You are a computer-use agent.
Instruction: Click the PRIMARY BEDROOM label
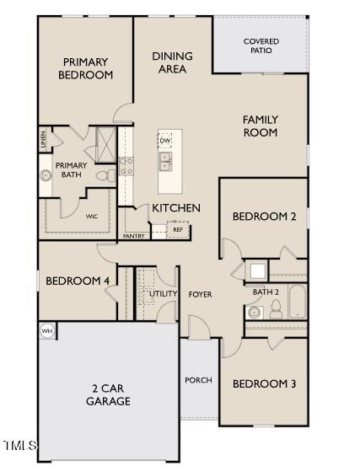tap(85, 67)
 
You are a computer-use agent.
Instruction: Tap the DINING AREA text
tap(172, 62)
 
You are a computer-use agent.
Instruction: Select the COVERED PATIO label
tap(261, 46)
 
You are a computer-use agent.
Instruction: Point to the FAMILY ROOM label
tap(261, 126)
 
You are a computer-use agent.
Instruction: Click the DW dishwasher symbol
tap(164, 140)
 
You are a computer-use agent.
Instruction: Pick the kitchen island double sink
tap(165, 160)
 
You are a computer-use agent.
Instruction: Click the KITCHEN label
tap(175, 207)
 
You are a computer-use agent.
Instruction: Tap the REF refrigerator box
tap(178, 229)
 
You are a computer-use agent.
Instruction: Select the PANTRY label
tap(133, 236)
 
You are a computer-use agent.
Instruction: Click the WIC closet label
tap(92, 217)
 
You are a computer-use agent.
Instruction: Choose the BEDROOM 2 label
tap(264, 217)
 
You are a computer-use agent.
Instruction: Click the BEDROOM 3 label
tap(264, 383)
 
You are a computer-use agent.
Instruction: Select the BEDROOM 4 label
tap(77, 281)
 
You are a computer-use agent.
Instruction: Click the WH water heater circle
tap(47, 331)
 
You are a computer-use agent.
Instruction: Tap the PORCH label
tap(199, 380)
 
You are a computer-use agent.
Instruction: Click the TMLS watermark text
tap(20, 444)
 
